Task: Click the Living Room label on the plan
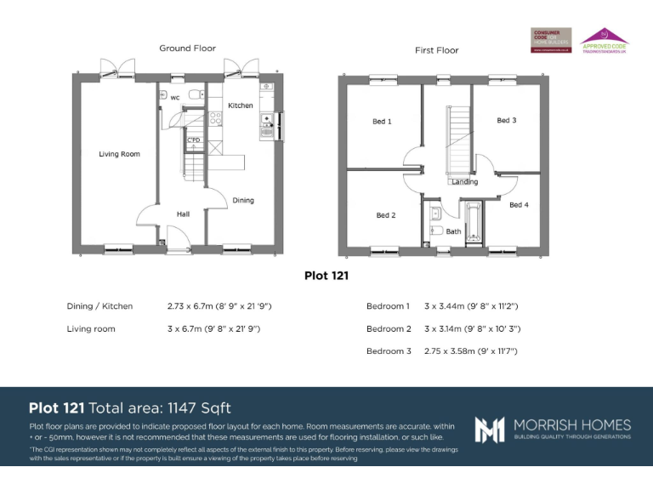click(x=119, y=154)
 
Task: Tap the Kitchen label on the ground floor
click(x=241, y=105)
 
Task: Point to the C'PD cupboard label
click(x=194, y=140)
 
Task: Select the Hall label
click(x=183, y=214)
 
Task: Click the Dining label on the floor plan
click(x=243, y=201)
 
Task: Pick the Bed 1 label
click(x=382, y=122)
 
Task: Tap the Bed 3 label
click(x=506, y=121)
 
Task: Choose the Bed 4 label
click(x=519, y=205)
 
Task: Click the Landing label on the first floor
click(x=464, y=182)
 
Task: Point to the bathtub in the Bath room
click(x=473, y=223)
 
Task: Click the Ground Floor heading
click(x=187, y=48)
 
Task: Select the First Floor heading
click(x=436, y=50)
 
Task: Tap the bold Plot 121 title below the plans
click(x=326, y=276)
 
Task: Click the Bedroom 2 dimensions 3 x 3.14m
click(x=471, y=328)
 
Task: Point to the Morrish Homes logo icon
click(x=490, y=429)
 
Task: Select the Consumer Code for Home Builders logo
click(x=551, y=40)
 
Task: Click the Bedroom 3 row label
click(x=389, y=350)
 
